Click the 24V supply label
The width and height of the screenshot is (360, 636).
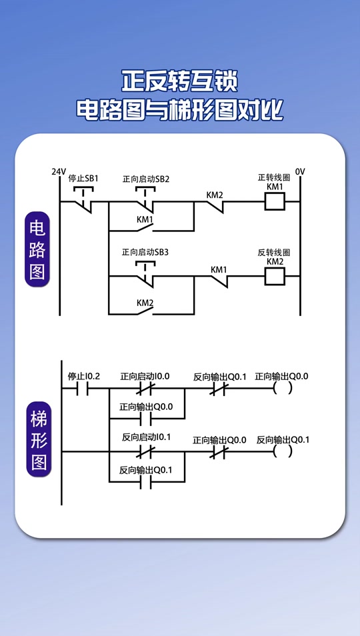59,172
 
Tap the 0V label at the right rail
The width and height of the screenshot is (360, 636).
300,172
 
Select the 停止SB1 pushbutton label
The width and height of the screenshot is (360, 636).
83,179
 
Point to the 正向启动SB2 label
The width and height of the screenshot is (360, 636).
146,179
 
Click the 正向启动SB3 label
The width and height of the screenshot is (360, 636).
145,253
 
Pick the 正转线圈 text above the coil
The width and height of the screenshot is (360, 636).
274,177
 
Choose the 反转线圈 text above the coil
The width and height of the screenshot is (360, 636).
274,253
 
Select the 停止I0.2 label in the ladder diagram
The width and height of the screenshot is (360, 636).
83,377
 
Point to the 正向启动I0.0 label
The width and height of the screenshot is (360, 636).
145,377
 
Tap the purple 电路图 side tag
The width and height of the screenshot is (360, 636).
37,249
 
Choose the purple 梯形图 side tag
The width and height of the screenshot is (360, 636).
38,441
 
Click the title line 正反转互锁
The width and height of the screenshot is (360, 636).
180,81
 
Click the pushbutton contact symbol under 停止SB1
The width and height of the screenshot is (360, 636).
83,198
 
